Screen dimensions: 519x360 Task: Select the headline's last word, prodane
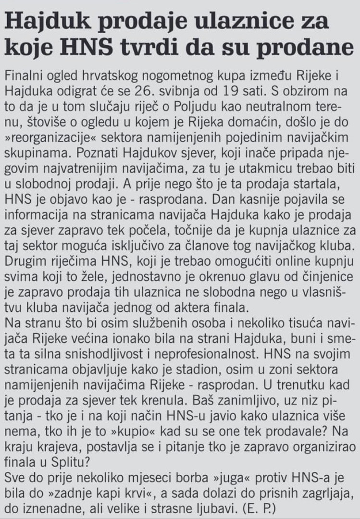click(310, 48)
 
